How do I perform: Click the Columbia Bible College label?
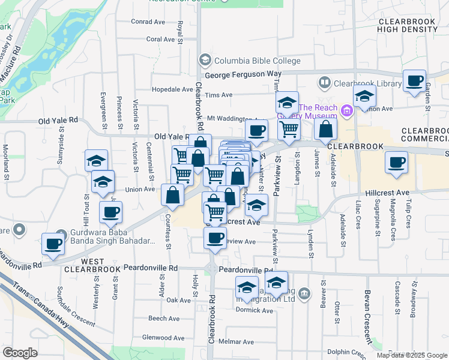pos(257,61)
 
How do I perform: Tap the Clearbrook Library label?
pos(367,83)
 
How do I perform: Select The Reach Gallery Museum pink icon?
pos(346,110)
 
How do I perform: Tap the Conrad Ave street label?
pos(148,22)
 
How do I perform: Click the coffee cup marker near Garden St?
pos(414,81)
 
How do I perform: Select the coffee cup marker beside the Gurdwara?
pos(53,244)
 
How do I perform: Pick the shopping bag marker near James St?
pos(325,128)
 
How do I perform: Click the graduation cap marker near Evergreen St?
pos(96,161)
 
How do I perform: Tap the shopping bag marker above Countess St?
pos(173,195)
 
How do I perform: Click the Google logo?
pos(20,353)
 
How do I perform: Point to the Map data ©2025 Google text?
pos(411,355)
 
